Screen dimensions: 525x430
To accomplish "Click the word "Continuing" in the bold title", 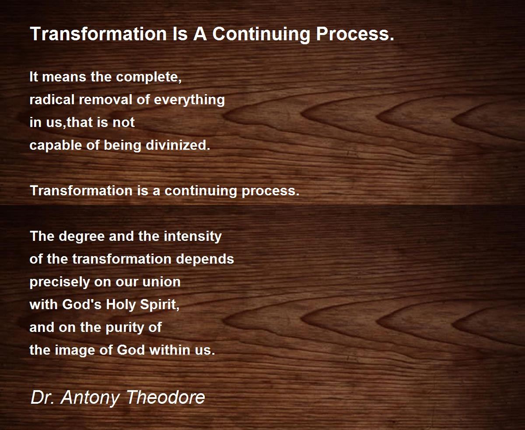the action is [x=261, y=35].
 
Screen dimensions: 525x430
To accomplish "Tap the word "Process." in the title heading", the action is [x=355, y=34].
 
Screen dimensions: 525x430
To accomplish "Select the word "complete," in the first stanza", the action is [x=149, y=77].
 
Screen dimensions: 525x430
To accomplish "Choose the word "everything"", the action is [x=189, y=100].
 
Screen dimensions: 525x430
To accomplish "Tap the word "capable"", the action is [x=56, y=145].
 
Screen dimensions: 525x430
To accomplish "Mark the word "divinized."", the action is [x=178, y=145].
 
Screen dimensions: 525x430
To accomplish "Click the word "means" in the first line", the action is [x=64, y=77].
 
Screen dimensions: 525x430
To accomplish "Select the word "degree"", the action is [x=82, y=236].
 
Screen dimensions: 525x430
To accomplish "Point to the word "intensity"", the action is [x=192, y=236].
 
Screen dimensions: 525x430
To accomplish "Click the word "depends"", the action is [x=205, y=259].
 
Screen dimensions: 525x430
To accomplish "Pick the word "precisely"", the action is [x=59, y=282].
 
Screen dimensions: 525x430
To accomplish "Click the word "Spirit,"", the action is [x=160, y=305].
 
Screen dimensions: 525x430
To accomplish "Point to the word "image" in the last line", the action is [x=75, y=351].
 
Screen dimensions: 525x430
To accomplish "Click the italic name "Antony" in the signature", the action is [x=90, y=398].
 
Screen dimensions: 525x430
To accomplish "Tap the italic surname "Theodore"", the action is [x=166, y=397].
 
